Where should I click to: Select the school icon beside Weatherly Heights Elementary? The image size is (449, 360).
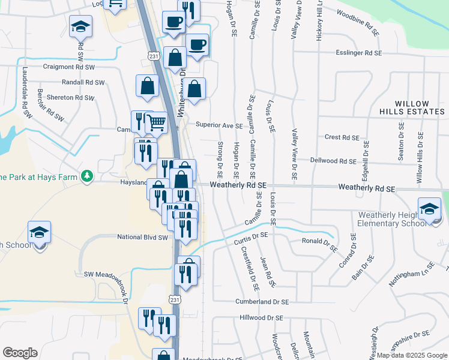pyautogui.click(x=429, y=209)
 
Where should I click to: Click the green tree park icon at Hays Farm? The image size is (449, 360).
pyautogui.click(x=88, y=175)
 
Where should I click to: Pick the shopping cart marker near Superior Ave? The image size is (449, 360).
pyautogui.click(x=157, y=123)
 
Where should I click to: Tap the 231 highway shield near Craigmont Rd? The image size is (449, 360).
pyautogui.click(x=154, y=56)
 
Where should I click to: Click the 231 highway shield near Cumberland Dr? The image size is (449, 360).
pyautogui.click(x=174, y=299)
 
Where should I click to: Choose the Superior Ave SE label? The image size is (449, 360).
pyautogui.click(x=219, y=126)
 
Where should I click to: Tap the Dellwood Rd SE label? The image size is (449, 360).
pyautogui.click(x=333, y=161)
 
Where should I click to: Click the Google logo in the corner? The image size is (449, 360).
pyautogui.click(x=20, y=353)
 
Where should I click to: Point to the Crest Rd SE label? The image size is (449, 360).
pyautogui.click(x=341, y=137)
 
